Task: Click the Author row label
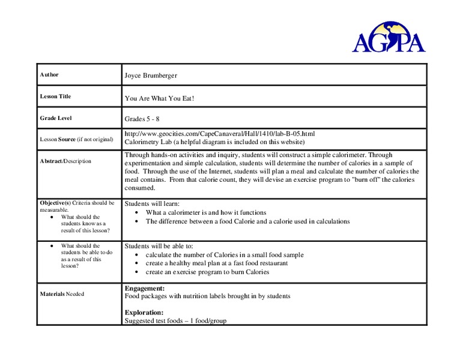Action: [x=49, y=75]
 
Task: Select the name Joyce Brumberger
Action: [x=151, y=76]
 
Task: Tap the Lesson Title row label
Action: [x=55, y=97]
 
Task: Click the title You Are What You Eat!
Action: [x=160, y=98]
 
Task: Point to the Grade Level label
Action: [x=56, y=118]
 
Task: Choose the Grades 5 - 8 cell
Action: [x=142, y=119]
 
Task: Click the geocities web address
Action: [x=219, y=134]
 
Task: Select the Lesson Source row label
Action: [x=76, y=139]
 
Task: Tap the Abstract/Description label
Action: [x=65, y=161]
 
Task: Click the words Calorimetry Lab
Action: [x=148, y=142]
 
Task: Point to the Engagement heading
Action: [x=144, y=289]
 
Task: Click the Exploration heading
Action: [x=144, y=313]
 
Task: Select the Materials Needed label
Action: [x=62, y=294]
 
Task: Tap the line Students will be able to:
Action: [x=159, y=246]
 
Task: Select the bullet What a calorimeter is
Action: [x=206, y=212]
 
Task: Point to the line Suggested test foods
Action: [x=175, y=321]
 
